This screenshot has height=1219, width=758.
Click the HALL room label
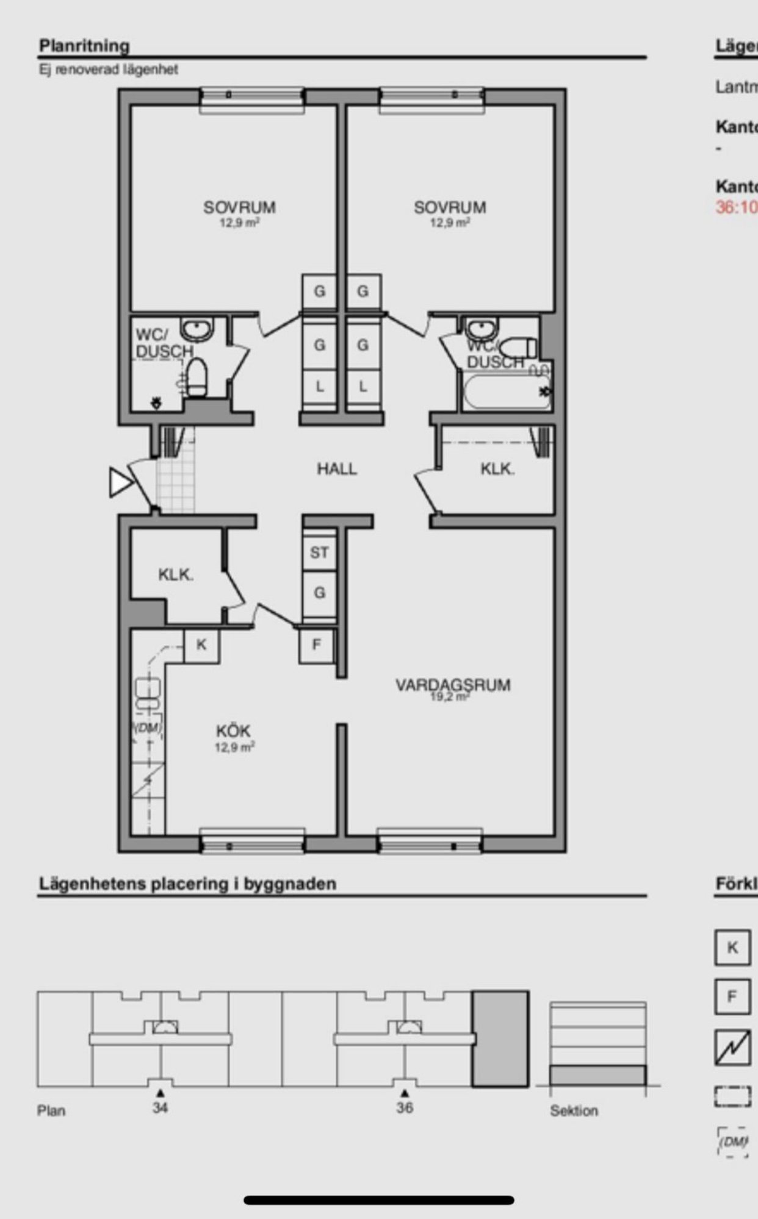pos(336,469)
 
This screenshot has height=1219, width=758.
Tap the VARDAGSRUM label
pos(453,685)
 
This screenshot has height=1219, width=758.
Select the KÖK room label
pos(233,731)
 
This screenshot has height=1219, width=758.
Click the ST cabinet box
pos(319,552)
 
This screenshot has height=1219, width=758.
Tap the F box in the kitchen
pos(316,645)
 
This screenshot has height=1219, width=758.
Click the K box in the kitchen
pos(201,645)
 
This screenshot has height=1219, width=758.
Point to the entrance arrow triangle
pos(120,482)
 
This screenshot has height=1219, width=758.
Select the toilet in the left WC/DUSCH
pos(196,378)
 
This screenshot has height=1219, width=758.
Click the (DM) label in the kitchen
pos(147,727)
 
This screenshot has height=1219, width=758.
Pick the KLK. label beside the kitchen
pos(176,574)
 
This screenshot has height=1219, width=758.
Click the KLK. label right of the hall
pos(497,469)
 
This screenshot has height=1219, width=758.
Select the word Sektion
pos(574,1110)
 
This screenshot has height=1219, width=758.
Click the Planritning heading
pos(84,46)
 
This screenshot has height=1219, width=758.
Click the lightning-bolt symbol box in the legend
pos(732,1047)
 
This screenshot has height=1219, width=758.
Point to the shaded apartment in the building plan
pos(500,1038)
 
